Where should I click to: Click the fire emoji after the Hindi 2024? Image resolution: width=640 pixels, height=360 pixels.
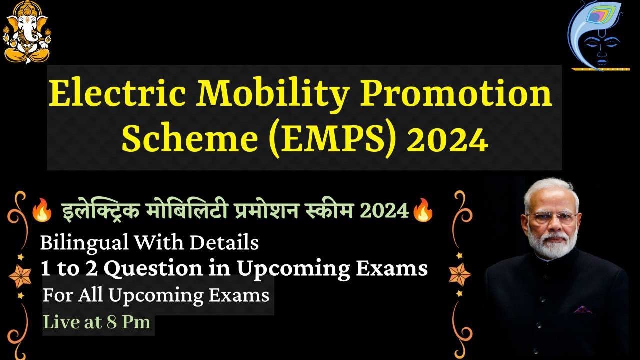click(422, 211)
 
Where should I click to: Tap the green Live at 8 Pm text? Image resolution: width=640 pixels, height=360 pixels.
click(97, 322)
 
